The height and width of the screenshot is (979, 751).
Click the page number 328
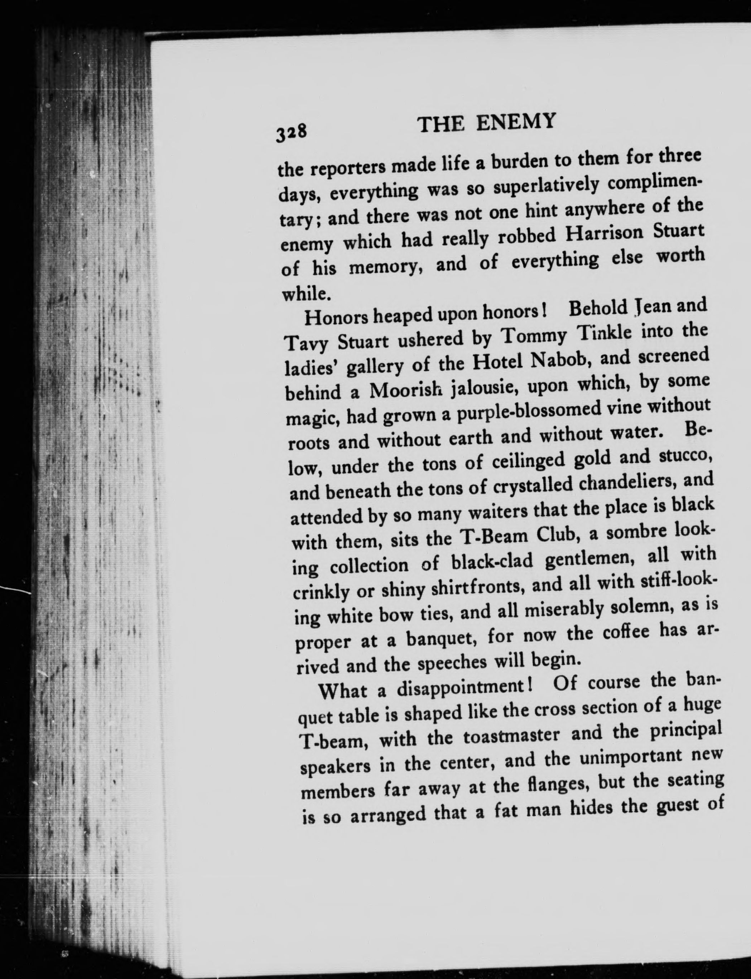(292, 133)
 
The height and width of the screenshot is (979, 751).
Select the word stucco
(684, 459)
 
